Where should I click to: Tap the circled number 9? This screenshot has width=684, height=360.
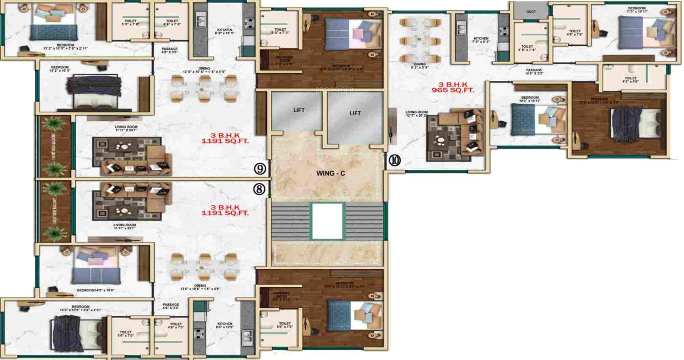[x=261, y=168]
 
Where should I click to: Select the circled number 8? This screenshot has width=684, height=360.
[x=260, y=189]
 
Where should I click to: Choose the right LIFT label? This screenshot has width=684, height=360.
[x=355, y=113]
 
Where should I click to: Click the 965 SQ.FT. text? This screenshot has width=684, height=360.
[x=453, y=90]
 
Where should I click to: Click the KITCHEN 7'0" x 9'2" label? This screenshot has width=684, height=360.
[x=480, y=40]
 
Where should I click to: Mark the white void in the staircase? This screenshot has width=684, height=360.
[x=326, y=221]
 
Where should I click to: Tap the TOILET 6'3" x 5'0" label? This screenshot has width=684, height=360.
[x=630, y=79]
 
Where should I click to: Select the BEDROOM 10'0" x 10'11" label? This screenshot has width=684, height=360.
[x=529, y=99]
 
